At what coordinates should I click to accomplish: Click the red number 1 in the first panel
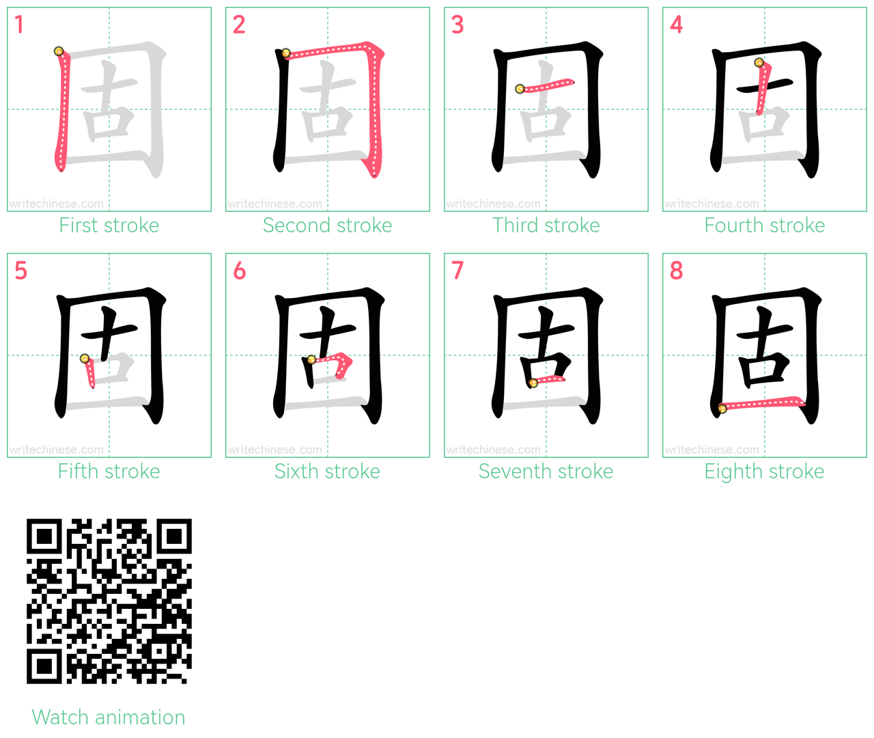click(x=19, y=25)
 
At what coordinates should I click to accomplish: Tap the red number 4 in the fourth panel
click(x=676, y=25)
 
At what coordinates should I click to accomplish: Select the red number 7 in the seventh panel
click(x=457, y=270)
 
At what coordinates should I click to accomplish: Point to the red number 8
click(x=676, y=270)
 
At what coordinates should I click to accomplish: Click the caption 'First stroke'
click(x=109, y=225)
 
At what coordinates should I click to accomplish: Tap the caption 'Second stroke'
click(x=327, y=225)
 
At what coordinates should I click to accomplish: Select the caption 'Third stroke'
click(x=546, y=225)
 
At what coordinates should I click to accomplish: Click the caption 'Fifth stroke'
click(x=109, y=471)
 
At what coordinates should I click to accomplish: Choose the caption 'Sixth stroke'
click(x=327, y=471)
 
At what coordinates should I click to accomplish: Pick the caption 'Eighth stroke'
click(x=764, y=471)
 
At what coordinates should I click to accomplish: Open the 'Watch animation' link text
click(x=109, y=717)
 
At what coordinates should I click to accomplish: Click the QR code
click(x=109, y=601)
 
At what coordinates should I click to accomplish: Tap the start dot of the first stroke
click(x=59, y=51)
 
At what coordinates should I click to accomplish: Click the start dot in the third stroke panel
click(x=520, y=89)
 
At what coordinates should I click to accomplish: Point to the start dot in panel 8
click(x=722, y=409)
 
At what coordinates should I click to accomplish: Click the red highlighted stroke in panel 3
click(x=547, y=85)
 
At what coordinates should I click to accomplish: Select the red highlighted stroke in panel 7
click(x=548, y=381)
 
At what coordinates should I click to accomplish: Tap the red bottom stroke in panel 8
click(x=762, y=403)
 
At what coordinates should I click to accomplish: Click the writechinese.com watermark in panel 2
click(x=274, y=204)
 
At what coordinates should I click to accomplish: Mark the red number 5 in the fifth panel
click(x=20, y=270)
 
